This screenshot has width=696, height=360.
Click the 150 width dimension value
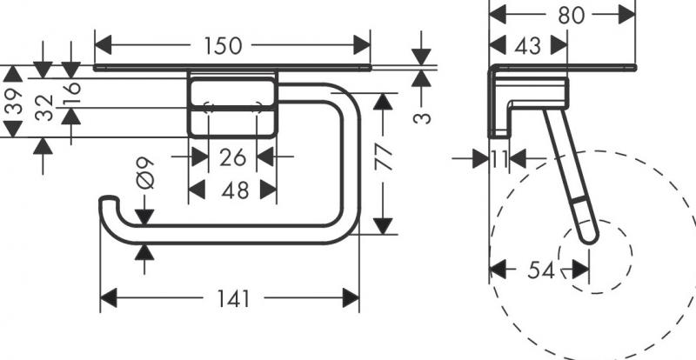pos(224,46)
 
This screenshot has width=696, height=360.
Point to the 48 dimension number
pos(232,189)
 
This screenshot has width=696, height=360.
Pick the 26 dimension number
pos(232,157)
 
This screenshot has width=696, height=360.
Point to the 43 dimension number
pos(527,46)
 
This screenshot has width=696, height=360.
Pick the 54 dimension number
pos(541,270)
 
